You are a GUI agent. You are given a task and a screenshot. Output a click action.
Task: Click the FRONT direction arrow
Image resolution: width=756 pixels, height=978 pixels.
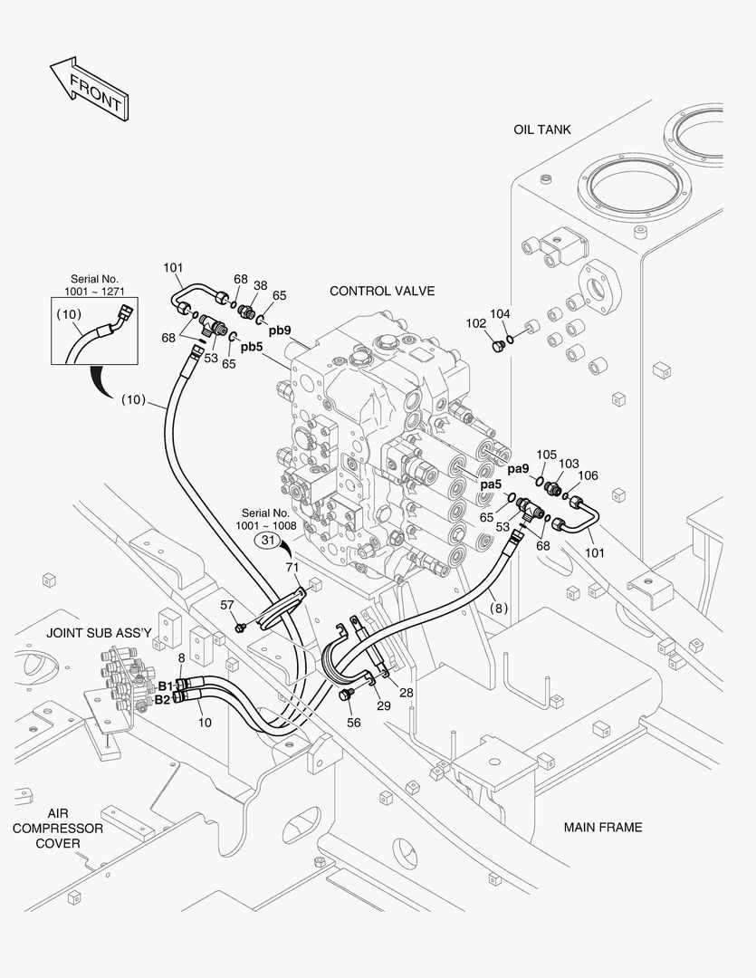click(x=88, y=89)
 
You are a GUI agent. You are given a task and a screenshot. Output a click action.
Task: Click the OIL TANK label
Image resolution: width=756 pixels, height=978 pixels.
click(x=541, y=129)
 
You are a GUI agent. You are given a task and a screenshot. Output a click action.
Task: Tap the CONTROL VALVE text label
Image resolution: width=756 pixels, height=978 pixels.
click(x=382, y=291)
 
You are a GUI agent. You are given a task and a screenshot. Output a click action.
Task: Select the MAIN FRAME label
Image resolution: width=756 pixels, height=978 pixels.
click(x=602, y=827)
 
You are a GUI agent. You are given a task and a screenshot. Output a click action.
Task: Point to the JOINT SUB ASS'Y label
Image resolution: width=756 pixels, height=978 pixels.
click(x=99, y=633)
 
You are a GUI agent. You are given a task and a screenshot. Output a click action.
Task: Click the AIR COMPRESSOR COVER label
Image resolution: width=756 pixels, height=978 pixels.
click(x=58, y=828)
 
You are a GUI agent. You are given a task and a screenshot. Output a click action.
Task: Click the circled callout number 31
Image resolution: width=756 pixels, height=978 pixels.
click(x=268, y=541)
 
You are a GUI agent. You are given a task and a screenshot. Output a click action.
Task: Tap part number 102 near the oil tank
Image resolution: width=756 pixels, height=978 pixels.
click(x=476, y=322)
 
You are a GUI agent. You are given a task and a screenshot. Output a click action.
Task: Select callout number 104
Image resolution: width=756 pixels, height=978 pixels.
click(x=501, y=313)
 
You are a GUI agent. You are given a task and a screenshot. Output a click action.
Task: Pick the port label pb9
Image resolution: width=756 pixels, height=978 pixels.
click(x=279, y=331)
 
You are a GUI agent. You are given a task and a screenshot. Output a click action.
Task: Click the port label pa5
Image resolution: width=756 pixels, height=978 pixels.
click(x=491, y=484)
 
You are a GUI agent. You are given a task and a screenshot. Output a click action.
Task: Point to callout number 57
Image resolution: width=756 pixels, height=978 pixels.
click(x=227, y=604)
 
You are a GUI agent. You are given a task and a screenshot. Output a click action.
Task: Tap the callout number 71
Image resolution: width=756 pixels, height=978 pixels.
click(x=292, y=567)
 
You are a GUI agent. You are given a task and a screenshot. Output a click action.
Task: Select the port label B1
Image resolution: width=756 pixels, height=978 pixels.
click(x=165, y=686)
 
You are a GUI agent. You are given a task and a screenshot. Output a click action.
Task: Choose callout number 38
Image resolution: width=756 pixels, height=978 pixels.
click(x=260, y=284)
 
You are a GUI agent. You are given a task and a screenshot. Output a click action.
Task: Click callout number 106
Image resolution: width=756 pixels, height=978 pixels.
click(x=588, y=475)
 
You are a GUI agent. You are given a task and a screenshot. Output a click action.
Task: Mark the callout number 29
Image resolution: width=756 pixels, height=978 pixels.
click(x=385, y=705)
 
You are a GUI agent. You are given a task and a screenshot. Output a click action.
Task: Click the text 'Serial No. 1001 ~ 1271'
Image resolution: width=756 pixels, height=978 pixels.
click(x=94, y=285)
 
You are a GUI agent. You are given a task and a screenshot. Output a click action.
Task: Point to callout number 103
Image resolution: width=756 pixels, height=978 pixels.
click(x=568, y=464)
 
